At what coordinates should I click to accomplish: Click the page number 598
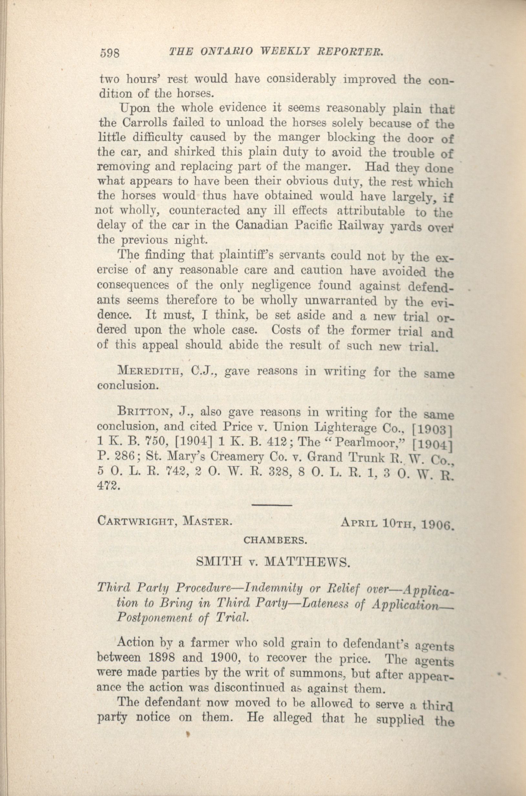click(x=110, y=53)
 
